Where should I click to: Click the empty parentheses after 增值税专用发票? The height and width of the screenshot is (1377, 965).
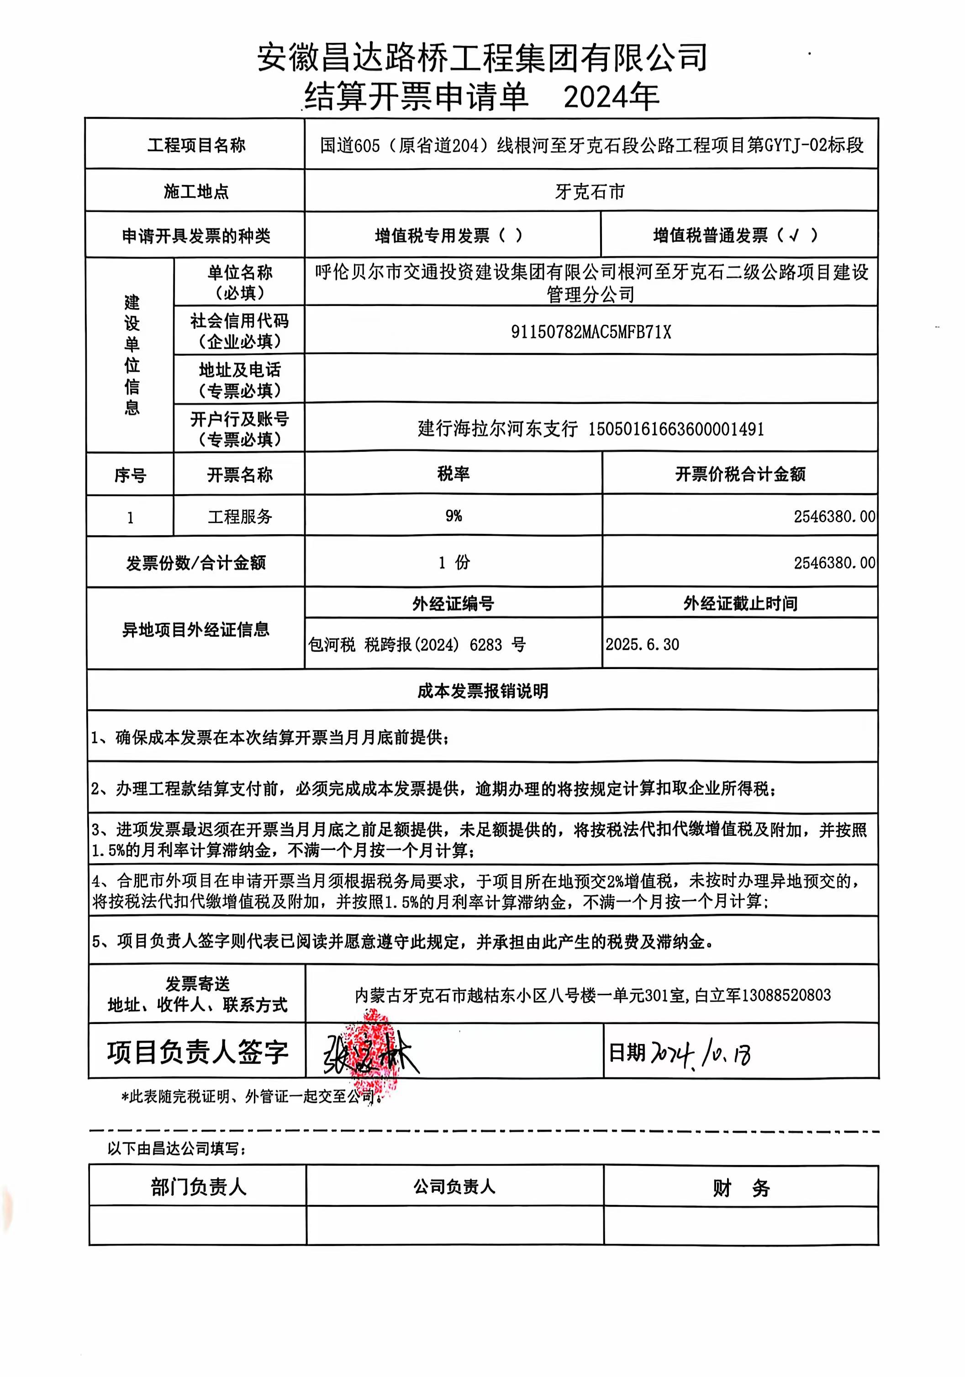click(510, 236)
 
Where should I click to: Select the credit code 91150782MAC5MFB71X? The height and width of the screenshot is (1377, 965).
click(591, 332)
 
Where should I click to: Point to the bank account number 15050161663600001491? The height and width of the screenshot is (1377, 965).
click(676, 429)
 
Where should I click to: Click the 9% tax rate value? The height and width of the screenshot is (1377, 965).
click(453, 516)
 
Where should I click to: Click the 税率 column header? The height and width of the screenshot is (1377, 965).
click(453, 474)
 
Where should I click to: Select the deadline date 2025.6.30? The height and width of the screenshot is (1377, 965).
click(642, 645)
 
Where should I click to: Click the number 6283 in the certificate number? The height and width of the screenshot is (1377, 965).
click(486, 645)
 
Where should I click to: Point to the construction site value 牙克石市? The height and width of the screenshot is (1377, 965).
click(590, 191)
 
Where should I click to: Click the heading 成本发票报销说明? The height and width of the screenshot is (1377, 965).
click(483, 691)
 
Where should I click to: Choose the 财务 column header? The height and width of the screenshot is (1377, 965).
click(741, 1187)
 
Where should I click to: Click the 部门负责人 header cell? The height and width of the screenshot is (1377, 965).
click(198, 1187)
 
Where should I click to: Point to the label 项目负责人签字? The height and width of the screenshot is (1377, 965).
click(197, 1053)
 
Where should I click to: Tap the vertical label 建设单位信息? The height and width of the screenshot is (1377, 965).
click(132, 355)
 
